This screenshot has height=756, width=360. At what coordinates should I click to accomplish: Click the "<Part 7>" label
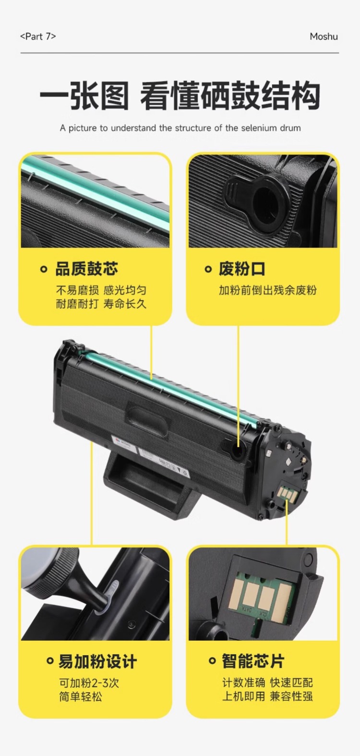[x=38, y=36]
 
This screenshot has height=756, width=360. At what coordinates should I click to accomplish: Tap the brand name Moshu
[x=324, y=36]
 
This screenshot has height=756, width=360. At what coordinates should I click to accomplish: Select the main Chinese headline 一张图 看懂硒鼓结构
[x=180, y=96]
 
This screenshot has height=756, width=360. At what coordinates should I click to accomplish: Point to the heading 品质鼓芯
[x=87, y=269]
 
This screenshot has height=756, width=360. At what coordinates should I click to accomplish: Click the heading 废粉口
[x=242, y=269]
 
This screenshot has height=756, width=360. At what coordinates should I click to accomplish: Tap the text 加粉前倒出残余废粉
[x=267, y=290]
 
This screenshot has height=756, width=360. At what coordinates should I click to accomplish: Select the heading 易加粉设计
[x=98, y=661]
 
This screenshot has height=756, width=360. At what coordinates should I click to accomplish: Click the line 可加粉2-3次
[x=89, y=683]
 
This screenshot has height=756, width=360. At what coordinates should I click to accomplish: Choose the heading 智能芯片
[x=253, y=660]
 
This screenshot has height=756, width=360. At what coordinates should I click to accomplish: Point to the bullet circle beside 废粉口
[x=208, y=269]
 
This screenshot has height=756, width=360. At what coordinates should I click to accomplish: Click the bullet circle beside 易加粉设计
[x=50, y=661]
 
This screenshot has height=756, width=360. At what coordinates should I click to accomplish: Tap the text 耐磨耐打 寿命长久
[x=101, y=304]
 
